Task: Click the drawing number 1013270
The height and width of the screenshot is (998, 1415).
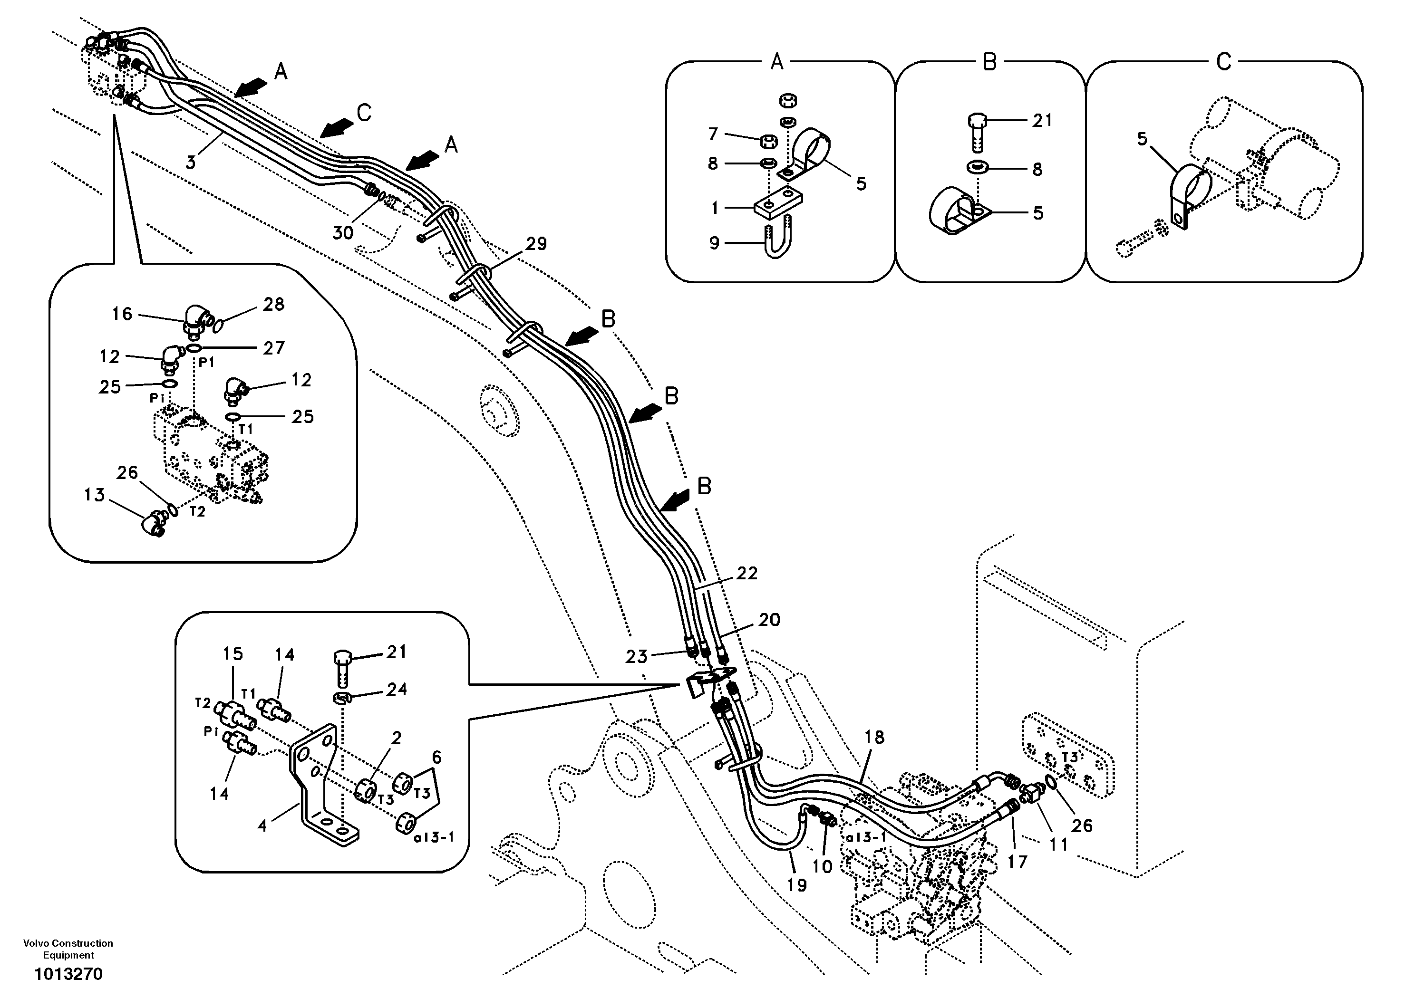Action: (x=68, y=974)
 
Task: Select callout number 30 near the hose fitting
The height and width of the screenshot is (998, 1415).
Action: (x=343, y=232)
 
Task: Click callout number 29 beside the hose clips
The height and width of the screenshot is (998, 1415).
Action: (x=535, y=244)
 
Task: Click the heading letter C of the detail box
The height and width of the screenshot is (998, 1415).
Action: (x=1223, y=62)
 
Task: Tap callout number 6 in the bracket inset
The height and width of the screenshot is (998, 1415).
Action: (x=436, y=757)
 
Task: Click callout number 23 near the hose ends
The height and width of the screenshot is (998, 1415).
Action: (x=637, y=657)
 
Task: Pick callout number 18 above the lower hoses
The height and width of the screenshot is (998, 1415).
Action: (x=874, y=738)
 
